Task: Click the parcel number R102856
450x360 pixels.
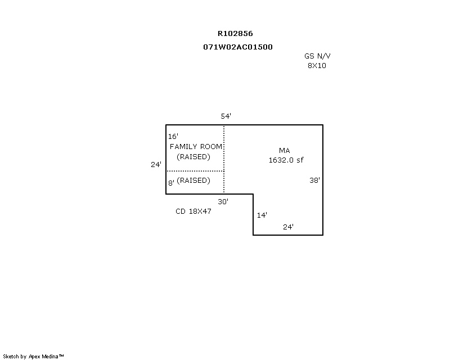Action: (235, 34)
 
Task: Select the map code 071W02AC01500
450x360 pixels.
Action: (238, 47)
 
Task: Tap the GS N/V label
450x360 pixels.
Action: (317, 56)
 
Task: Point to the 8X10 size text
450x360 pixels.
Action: (317, 66)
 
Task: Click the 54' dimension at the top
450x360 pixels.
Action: (226, 116)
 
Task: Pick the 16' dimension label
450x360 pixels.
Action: (173, 136)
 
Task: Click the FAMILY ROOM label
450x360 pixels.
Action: (196, 147)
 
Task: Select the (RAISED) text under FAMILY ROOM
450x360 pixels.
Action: (193, 157)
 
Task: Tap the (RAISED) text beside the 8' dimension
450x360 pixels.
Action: (193, 181)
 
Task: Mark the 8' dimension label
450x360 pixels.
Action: (171, 183)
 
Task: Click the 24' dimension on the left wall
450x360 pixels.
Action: (156, 164)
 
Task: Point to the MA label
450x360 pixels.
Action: (285, 150)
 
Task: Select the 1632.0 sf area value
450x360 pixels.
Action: (286, 160)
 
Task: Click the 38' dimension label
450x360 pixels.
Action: (314, 181)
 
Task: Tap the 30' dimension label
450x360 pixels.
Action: (223, 202)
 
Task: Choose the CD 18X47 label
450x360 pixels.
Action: (193, 211)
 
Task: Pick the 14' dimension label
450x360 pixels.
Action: (262, 215)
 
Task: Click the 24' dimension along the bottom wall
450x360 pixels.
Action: (288, 227)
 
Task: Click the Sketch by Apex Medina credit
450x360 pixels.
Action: (33, 357)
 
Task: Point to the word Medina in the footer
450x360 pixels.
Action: (50, 357)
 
